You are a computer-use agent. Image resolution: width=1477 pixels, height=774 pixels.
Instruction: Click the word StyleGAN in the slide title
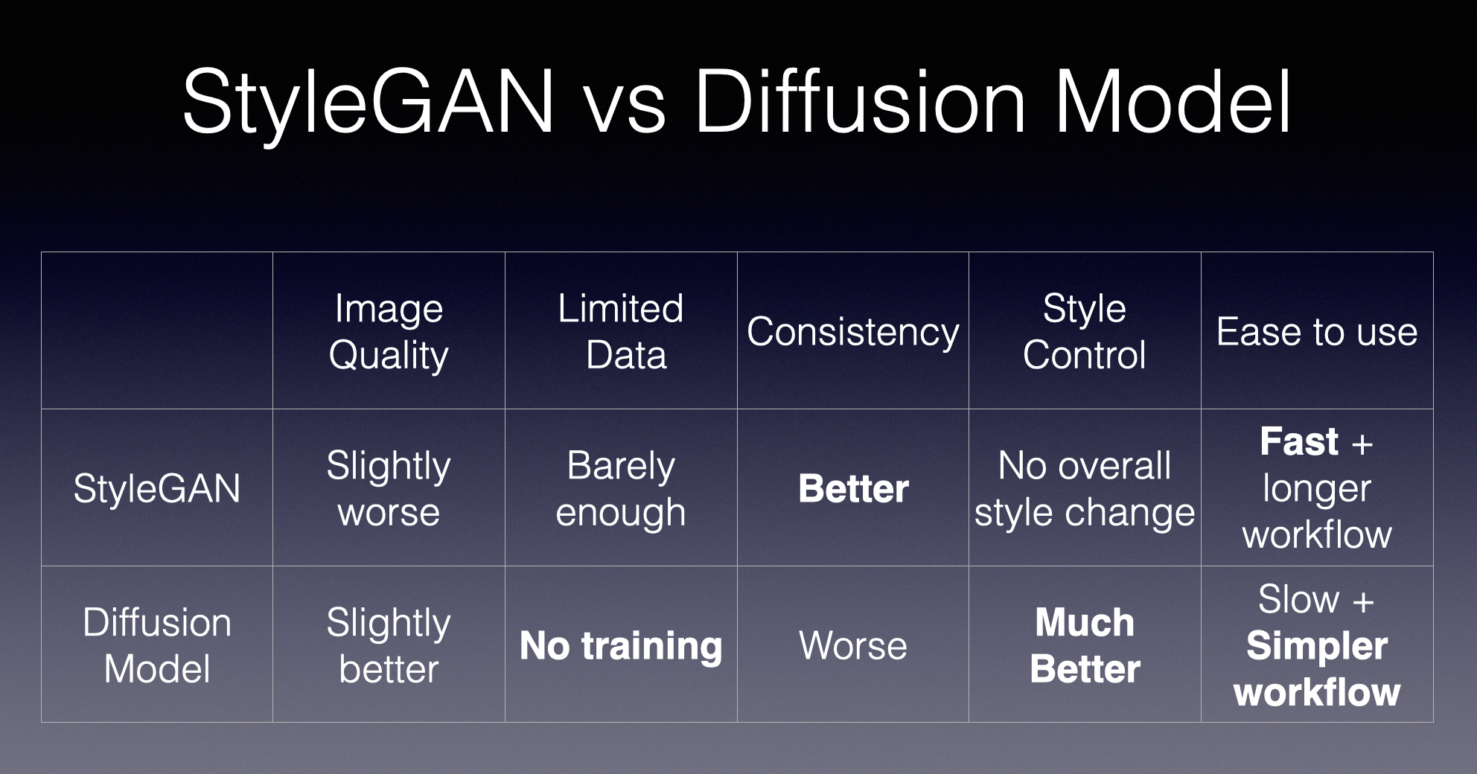pos(369,103)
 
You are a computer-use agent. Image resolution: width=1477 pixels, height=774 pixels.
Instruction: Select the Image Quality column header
pos(389,331)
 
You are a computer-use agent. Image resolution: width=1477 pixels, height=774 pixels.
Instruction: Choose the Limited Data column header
pos(621,331)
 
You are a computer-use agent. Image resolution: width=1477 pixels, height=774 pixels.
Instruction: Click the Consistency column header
pos(853,332)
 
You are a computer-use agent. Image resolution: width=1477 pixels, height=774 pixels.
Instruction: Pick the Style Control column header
pos(1085,331)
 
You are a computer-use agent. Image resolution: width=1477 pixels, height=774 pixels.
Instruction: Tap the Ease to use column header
pos(1317,332)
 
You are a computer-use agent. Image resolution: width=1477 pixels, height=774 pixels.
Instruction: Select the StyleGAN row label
pos(157,490)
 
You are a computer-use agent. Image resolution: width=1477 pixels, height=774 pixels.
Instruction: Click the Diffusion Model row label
pos(157,645)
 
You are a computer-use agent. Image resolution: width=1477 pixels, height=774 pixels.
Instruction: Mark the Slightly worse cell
pos(389,489)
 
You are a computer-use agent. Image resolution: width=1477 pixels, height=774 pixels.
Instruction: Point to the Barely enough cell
pos(621,489)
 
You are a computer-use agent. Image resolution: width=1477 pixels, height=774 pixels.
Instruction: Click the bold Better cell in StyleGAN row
pos(853,488)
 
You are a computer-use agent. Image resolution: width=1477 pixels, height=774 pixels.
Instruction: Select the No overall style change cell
pos(1085,489)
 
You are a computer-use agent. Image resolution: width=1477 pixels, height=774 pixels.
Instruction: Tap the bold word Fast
pos(1299,441)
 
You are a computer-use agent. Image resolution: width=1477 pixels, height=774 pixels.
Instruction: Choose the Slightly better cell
pos(389,645)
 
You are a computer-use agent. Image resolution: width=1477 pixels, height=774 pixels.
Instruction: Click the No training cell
pos(621,646)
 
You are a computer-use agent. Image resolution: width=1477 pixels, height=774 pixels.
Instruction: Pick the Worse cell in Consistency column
pos(853,645)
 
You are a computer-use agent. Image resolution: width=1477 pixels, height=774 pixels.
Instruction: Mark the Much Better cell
pos(1085,645)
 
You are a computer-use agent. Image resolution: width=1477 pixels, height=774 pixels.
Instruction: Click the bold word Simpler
pos(1317,646)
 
